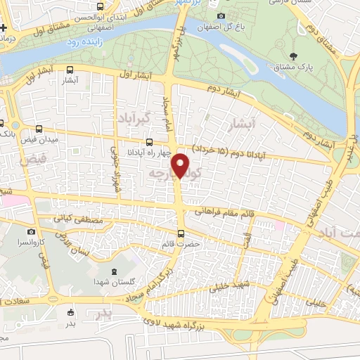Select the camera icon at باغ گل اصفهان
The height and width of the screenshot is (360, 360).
(221, 15)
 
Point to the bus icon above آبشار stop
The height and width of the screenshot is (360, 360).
(70, 70)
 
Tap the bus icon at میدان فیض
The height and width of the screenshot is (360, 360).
(38, 129)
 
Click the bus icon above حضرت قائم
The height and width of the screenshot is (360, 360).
(181, 233)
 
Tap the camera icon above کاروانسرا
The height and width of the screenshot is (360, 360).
(31, 231)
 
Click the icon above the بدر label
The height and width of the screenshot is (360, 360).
(70, 312)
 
